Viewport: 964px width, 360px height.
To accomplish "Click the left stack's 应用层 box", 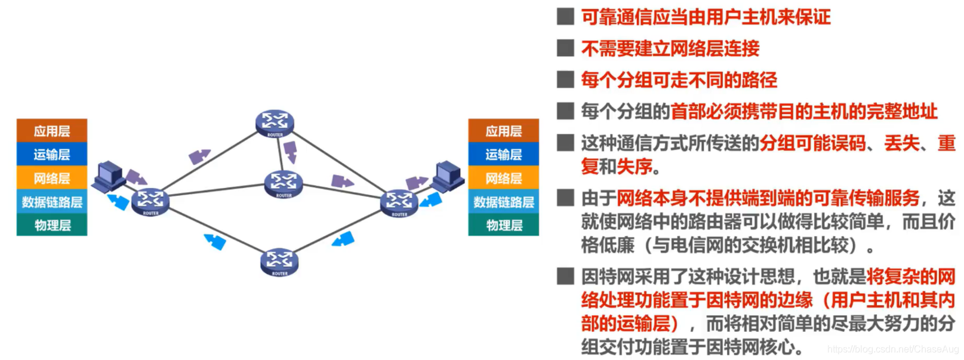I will coord(52,131).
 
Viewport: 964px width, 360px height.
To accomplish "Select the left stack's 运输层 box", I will coord(52,154).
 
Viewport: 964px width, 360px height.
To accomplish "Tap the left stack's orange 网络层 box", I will coord(52,178).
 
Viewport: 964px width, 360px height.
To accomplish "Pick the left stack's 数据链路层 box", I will coord(52,202).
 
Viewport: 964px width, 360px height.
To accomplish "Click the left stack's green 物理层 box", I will coord(52,225).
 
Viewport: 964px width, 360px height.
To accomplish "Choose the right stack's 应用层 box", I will coord(503,131).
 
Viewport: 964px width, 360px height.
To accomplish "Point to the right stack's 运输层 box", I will coord(503,154).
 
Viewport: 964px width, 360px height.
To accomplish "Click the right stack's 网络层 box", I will coord(503,178).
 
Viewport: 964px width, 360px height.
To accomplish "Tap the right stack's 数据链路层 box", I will coord(503,202).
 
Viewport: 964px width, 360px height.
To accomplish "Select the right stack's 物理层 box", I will coord(503,225).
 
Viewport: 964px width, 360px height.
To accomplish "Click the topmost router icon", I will coord(275,123).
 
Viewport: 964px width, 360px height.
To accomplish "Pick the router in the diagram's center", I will coord(284,184).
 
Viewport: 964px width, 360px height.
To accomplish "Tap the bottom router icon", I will coord(279,261).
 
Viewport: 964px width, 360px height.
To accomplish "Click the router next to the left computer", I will coord(150,201).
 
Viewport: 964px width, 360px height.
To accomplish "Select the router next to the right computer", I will coord(399,203).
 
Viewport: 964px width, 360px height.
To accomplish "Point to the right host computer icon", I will coord(448,176).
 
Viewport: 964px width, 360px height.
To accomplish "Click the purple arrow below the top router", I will coord(290,152).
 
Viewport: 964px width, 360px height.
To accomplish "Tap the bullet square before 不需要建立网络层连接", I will coord(565,48).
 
